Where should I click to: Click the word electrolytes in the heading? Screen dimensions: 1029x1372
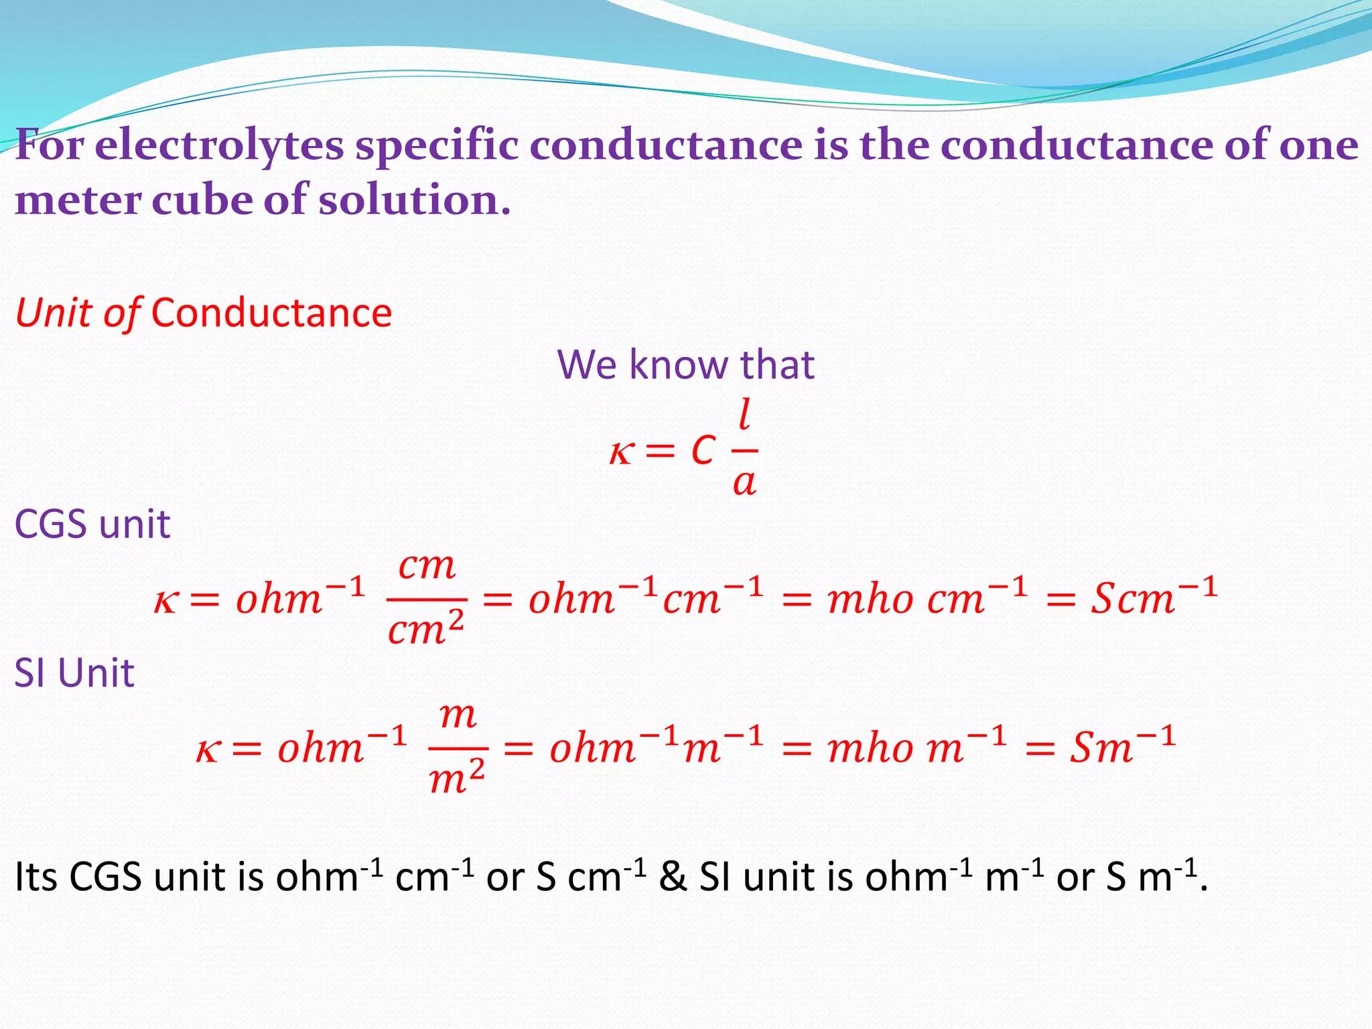pyautogui.click(x=219, y=146)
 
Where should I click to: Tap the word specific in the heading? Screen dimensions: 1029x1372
pyautogui.click(x=436, y=146)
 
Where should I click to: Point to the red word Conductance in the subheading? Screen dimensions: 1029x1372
pyautogui.click(x=271, y=313)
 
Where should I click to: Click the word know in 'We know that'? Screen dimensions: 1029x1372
pyautogui.click(x=678, y=365)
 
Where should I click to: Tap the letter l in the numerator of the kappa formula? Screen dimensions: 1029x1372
pyautogui.click(x=744, y=415)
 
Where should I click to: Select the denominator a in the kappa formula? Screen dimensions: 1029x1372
pyautogui.click(x=744, y=482)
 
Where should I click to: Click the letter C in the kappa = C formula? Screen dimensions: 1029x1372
pyautogui.click(x=703, y=450)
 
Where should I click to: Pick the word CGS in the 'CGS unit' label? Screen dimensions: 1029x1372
pyautogui.click(x=50, y=524)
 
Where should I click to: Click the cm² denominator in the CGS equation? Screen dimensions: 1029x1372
pyautogui.click(x=426, y=630)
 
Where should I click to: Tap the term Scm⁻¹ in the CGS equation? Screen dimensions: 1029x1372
pyautogui.click(x=1153, y=596)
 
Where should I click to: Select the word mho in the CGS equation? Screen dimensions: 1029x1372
pyautogui.click(x=870, y=598)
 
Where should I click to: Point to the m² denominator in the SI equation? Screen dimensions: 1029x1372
pyautogui.click(x=457, y=778)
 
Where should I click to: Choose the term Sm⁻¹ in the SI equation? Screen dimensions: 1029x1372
pyautogui.click(x=1122, y=746)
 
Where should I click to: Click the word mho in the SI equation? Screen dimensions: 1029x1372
pyautogui.click(x=870, y=748)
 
